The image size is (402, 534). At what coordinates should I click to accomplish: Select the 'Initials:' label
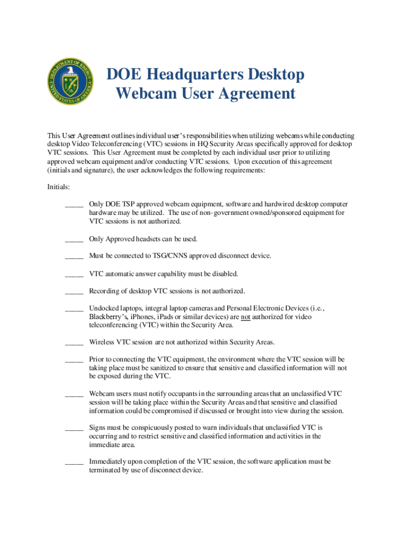coord(59,187)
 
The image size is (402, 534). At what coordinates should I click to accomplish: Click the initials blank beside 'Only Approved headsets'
coord(74,240)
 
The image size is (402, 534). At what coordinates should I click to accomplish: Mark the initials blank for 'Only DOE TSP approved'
coord(74,206)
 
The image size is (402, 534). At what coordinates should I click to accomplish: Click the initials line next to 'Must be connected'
coord(74,258)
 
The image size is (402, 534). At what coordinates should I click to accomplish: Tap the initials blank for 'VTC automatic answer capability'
coord(74,275)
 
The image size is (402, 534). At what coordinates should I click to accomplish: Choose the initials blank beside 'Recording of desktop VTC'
coord(74,292)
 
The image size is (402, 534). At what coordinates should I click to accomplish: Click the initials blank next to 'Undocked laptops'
coord(74,309)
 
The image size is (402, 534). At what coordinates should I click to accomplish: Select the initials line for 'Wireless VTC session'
coord(74,344)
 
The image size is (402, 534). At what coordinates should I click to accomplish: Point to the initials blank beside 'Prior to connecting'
coord(74,361)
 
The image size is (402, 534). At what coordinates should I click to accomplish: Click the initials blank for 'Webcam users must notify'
coord(74,395)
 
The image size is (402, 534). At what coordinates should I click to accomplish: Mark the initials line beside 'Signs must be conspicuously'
coord(74,429)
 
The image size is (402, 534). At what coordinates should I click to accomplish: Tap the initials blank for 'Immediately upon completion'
coord(74,463)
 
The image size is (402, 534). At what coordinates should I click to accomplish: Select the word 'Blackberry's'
coord(108,317)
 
